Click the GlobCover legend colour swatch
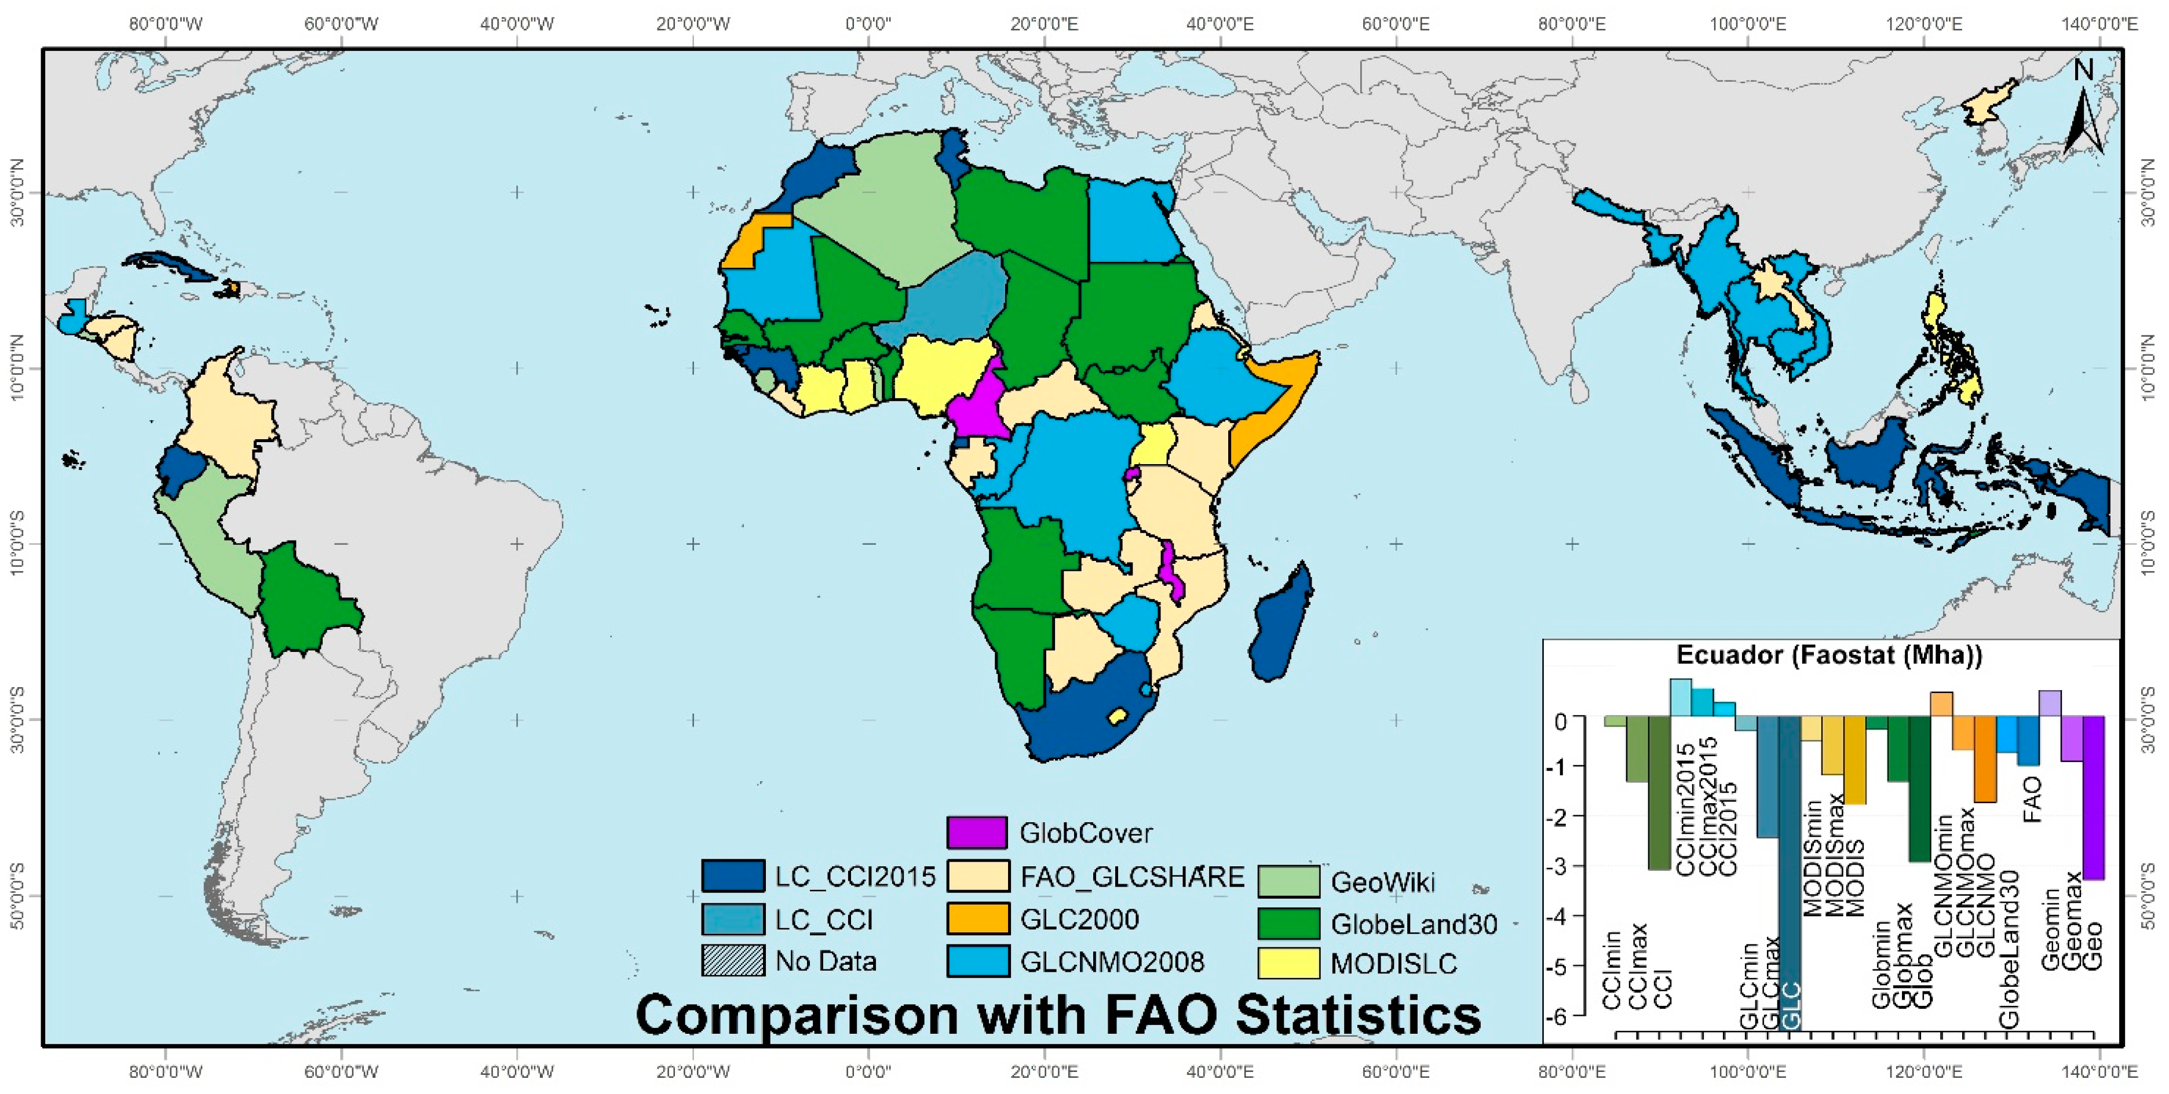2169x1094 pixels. tap(977, 832)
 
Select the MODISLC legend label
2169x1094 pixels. tap(1393, 964)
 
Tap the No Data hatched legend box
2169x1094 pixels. tap(733, 960)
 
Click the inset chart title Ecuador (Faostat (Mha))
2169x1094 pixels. tap(1829, 655)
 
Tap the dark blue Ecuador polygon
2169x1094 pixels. tap(180, 470)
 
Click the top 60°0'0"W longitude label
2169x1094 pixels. tap(341, 24)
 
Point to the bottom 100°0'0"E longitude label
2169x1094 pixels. tap(1748, 1072)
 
